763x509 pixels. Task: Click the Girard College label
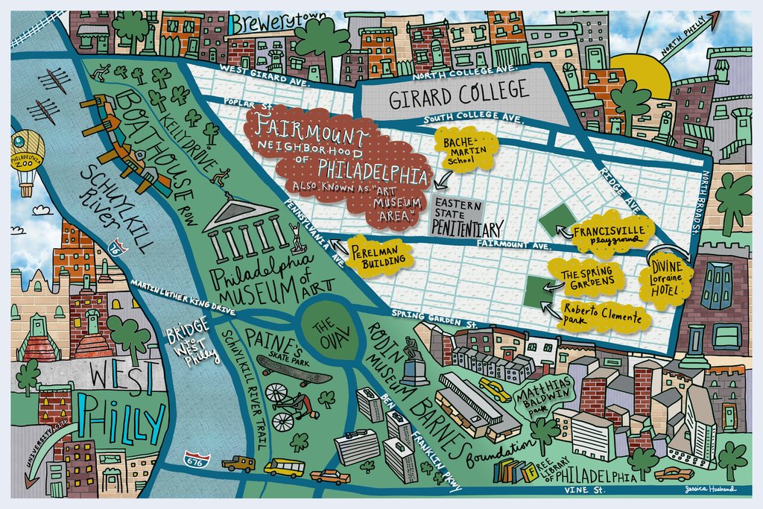(458, 95)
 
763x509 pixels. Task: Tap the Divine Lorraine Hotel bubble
(662, 282)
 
